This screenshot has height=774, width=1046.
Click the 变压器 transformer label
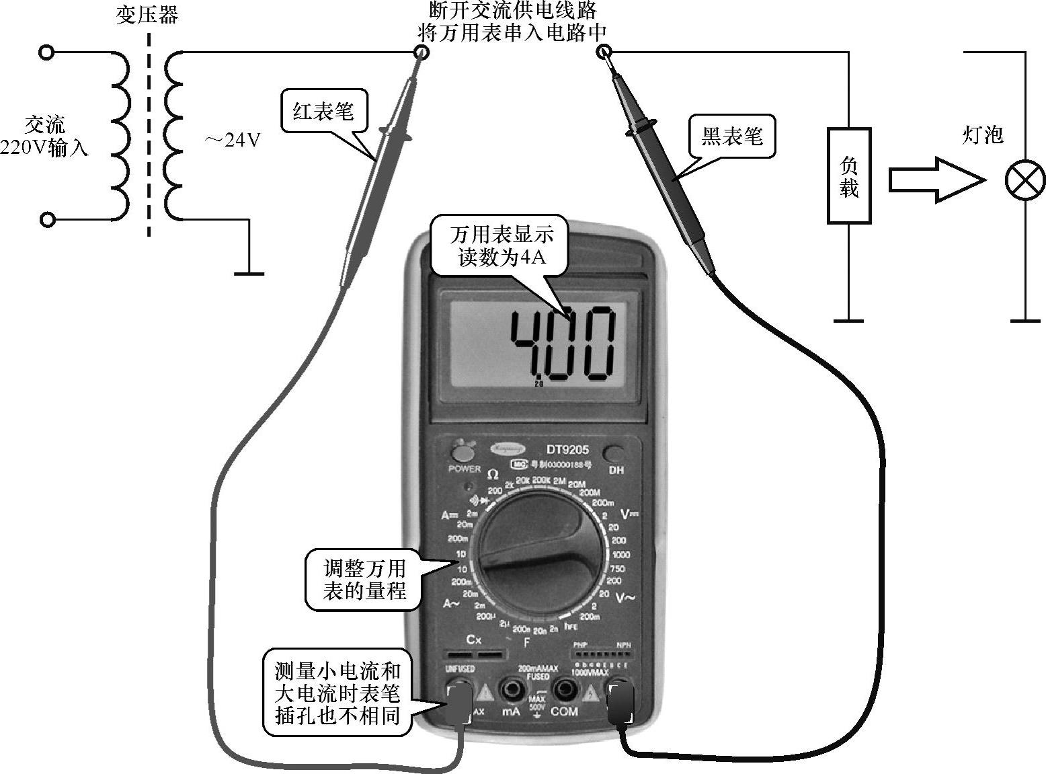click(x=147, y=15)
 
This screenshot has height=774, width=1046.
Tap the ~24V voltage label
click(x=233, y=141)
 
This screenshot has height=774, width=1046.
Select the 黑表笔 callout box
click(x=731, y=137)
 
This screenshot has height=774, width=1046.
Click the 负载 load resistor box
click(x=849, y=176)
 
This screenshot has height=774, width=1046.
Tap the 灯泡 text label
click(x=982, y=135)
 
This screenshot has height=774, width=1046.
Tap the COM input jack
click(x=564, y=689)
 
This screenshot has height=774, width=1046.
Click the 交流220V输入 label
click(x=44, y=136)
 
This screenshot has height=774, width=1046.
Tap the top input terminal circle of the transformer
click(x=46, y=52)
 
